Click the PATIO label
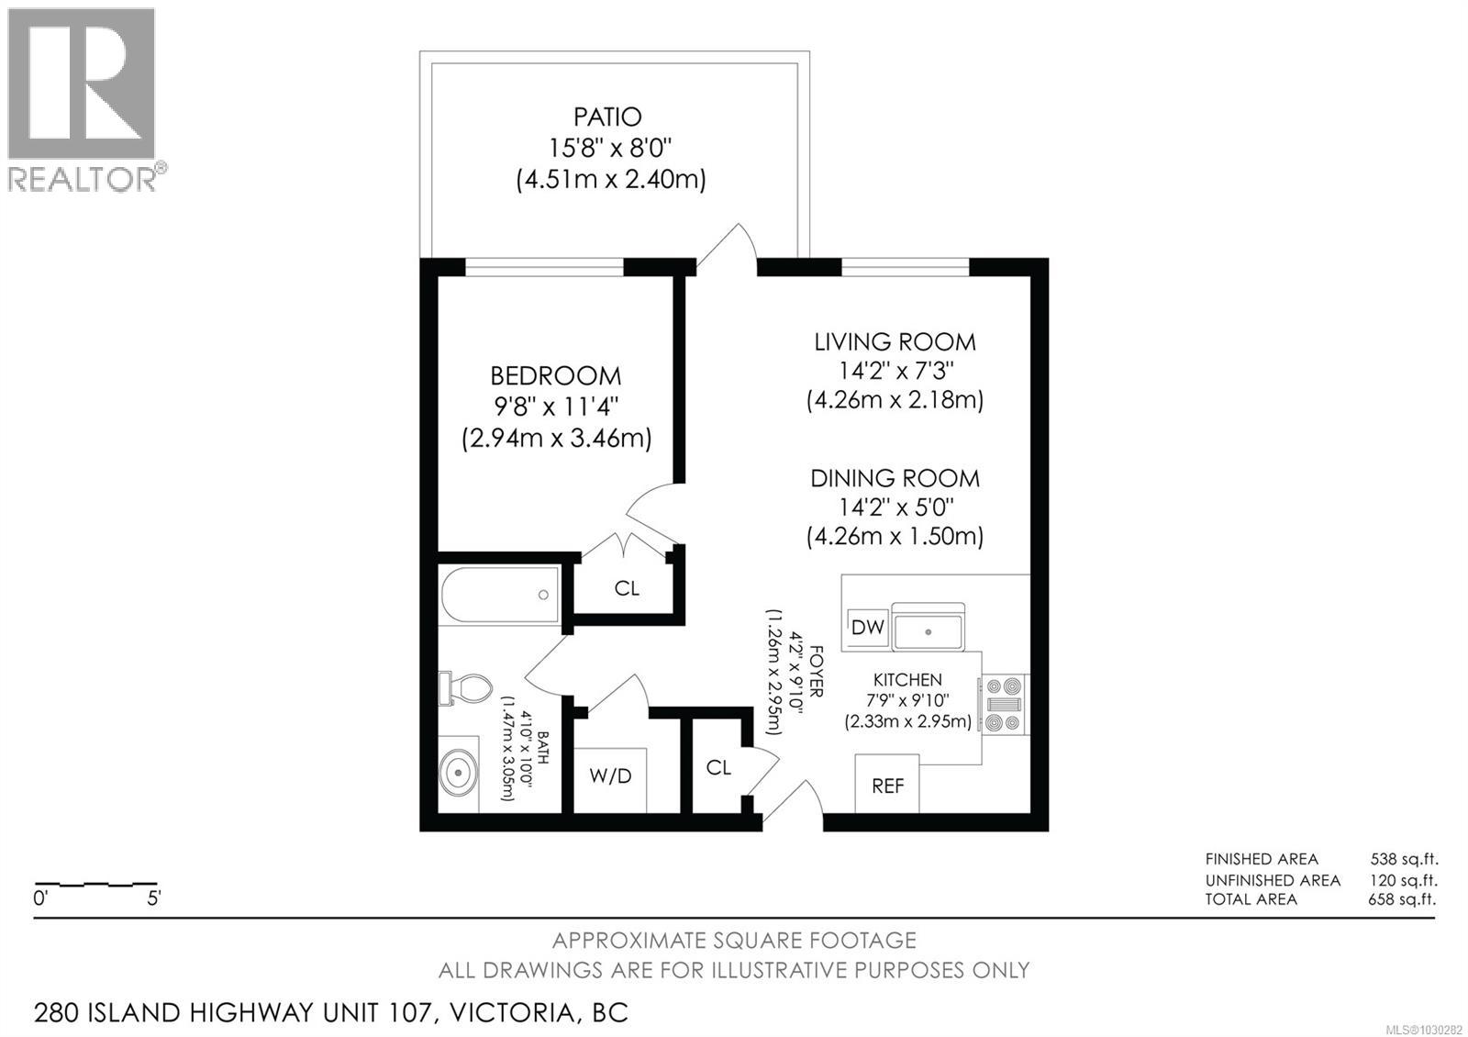(607, 117)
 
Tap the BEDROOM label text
(555, 375)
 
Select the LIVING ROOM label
(895, 342)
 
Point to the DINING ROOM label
(895, 478)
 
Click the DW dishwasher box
(867, 627)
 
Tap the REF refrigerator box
(887, 786)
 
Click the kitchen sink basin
(929, 631)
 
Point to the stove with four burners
(1005, 704)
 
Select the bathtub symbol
(500, 595)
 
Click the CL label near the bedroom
(627, 588)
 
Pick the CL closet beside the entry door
(718, 767)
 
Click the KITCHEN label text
(906, 680)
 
